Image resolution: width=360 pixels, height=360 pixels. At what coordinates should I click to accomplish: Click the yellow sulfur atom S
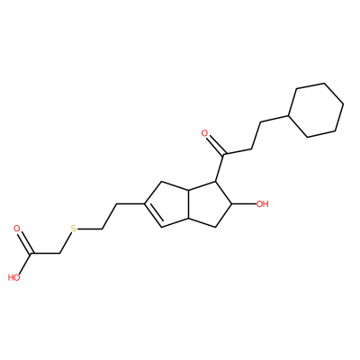(x=74, y=229)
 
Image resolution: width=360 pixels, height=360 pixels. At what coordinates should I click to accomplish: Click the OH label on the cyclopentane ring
(x=262, y=204)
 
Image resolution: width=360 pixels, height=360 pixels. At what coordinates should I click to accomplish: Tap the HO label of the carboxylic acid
(x=13, y=277)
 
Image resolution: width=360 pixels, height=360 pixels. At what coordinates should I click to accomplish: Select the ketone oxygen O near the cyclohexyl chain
(x=205, y=133)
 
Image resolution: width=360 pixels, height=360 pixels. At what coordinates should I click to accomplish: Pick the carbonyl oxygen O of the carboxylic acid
(x=17, y=229)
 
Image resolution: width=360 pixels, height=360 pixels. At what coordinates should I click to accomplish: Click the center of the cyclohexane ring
(x=316, y=110)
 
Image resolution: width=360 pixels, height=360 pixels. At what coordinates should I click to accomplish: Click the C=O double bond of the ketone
(x=215, y=145)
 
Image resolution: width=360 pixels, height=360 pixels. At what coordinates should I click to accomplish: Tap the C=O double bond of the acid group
(x=24, y=242)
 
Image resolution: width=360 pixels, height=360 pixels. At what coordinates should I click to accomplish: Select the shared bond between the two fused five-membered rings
(x=189, y=204)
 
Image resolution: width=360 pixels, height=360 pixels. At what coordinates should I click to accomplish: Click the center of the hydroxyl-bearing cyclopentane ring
(x=209, y=204)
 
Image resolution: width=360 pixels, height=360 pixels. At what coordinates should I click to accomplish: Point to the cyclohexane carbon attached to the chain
(x=288, y=115)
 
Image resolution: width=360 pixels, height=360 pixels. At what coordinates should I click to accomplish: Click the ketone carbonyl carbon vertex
(x=223, y=155)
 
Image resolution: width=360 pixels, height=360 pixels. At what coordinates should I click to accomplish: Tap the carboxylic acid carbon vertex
(x=31, y=255)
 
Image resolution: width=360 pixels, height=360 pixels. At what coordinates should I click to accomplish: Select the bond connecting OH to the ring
(x=244, y=204)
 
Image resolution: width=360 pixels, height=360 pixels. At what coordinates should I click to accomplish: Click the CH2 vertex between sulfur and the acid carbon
(x=59, y=254)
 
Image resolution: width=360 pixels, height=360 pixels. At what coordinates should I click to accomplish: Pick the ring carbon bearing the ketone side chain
(x=216, y=181)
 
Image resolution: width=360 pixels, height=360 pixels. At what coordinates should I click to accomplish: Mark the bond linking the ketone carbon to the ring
(x=220, y=168)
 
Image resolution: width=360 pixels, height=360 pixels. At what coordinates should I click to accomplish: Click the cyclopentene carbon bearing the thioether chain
(x=144, y=204)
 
